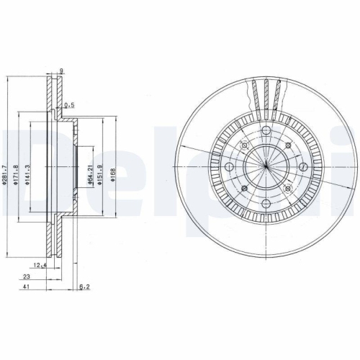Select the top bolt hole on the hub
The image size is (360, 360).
click(x=266, y=130)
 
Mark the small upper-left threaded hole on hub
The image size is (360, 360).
click(x=244, y=146)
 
